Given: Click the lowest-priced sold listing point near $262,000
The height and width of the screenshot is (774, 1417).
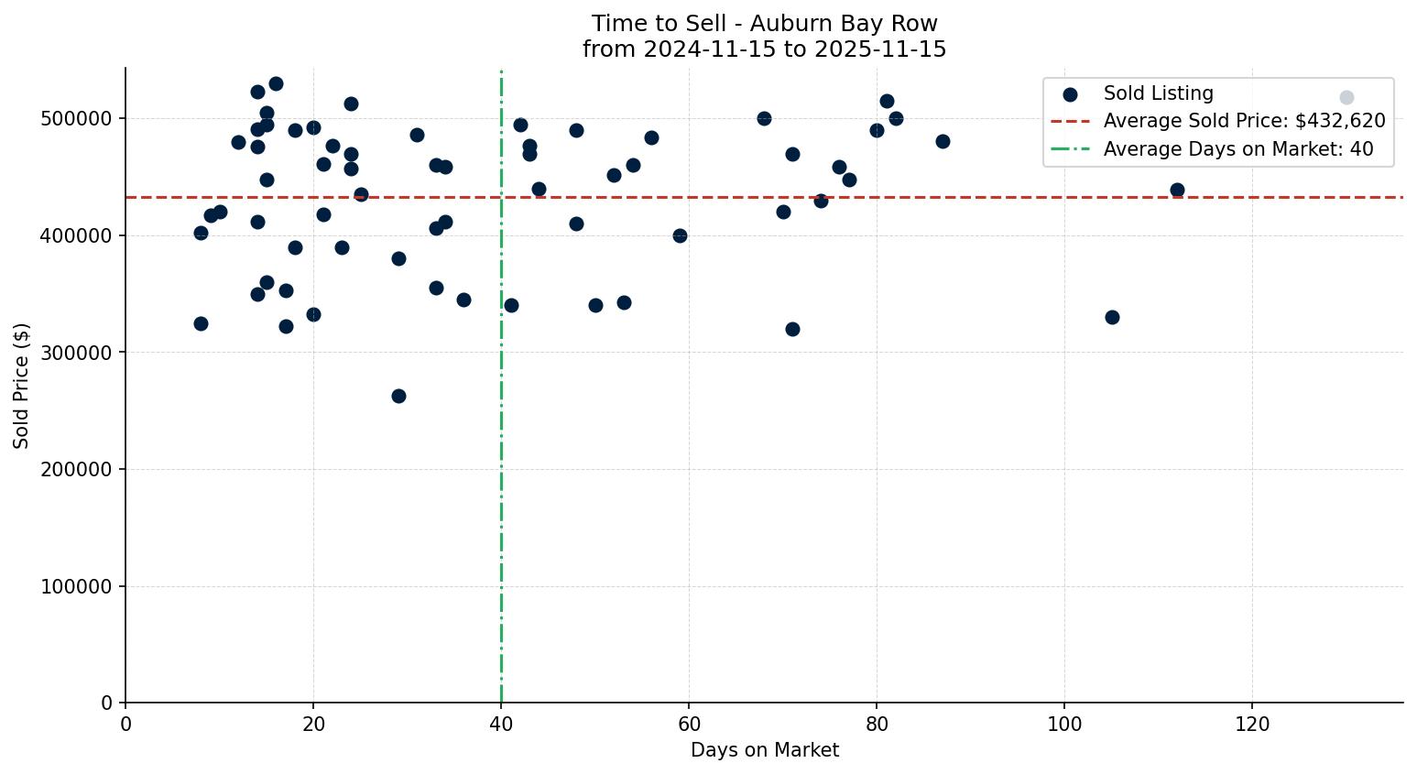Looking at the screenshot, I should coord(398,396).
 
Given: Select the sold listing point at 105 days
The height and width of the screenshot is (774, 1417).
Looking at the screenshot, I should coord(1112,317).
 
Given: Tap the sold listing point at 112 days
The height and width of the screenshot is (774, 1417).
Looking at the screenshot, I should coord(1177,190).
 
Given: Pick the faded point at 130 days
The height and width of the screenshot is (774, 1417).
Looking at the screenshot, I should coord(1346,97).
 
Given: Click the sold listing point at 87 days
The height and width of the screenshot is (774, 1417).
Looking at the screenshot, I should coord(943,141).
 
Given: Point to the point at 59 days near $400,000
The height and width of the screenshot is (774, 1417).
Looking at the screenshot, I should coord(680,235).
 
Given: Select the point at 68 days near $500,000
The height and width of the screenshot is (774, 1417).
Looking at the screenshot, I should coord(764,118).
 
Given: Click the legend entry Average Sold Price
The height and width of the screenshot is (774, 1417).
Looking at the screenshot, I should coord(1244,121).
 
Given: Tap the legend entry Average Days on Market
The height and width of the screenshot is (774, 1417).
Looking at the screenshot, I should coord(1237,148).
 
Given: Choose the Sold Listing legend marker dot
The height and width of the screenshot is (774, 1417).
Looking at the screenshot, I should coord(1070,93).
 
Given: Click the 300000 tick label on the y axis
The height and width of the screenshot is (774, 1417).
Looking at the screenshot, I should coord(77,353).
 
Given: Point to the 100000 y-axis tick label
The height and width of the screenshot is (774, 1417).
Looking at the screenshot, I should coord(77,586).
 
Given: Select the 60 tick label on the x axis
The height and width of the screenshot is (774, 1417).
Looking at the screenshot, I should coord(689,725).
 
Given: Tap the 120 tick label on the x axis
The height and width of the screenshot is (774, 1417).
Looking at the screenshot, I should coord(1252,725).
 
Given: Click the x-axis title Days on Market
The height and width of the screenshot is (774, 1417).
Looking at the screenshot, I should coord(764,750).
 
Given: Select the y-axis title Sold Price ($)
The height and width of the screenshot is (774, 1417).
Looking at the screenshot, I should coord(21,386).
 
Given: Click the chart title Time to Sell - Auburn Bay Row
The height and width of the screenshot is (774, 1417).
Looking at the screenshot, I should coord(764,24).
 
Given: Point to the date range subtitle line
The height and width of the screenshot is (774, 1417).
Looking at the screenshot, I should coord(764,49).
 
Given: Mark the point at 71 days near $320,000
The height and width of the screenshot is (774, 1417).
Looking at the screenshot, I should coord(792,329).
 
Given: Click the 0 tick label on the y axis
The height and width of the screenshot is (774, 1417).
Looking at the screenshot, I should coord(106,703).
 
